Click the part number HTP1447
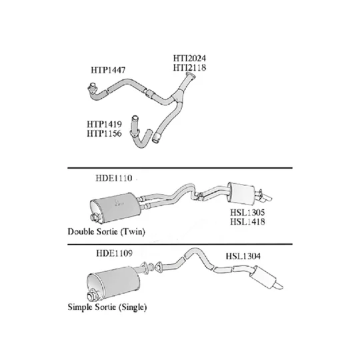coord(108,70)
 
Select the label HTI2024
coord(189,58)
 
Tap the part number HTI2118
coord(189,68)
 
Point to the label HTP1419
coord(104,124)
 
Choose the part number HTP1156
coord(104,133)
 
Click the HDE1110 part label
coord(114,178)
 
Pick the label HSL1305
coord(247,213)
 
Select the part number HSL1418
coord(247,222)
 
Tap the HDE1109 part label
coord(115,253)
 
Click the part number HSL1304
coord(243,256)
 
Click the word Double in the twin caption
coord(81,231)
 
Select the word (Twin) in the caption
coord(133,231)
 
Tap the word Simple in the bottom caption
coord(81,307)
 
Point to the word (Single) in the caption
coord(133,307)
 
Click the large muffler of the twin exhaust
coord(115,208)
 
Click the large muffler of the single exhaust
coord(113,283)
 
